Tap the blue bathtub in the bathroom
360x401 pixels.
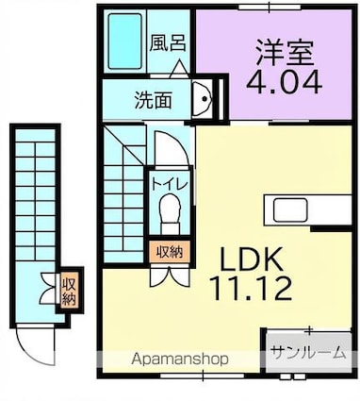click(125, 43)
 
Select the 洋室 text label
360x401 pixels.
click(282, 49)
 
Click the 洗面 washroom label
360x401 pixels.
click(151, 99)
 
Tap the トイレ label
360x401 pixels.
click(162, 178)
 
